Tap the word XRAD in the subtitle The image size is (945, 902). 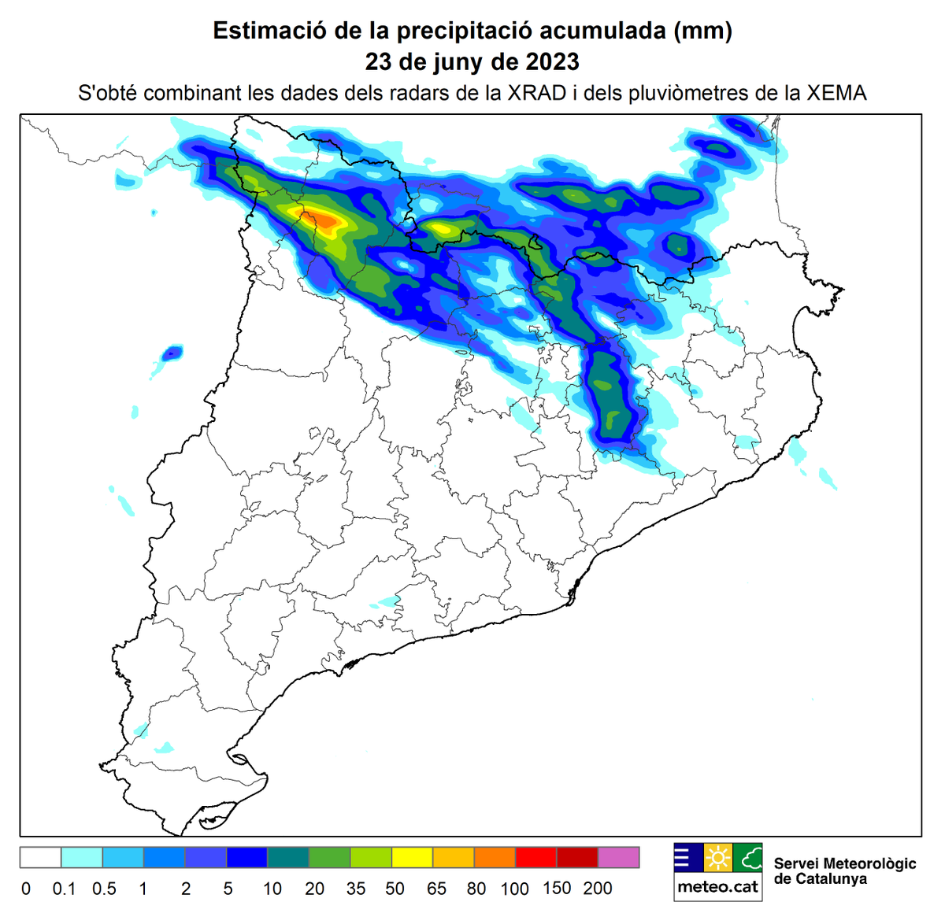537,93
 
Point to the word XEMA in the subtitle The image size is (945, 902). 836,93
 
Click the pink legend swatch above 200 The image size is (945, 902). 618,857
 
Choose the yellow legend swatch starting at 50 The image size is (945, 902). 411,857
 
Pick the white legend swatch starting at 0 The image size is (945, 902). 40,857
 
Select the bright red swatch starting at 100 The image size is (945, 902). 535,857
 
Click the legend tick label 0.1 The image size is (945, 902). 64,889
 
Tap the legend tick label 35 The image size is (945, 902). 356,889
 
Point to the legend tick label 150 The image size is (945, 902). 557,888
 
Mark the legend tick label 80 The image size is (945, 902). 476,889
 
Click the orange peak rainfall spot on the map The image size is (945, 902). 324,219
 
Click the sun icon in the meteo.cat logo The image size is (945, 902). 717,857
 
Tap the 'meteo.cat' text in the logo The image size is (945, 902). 717,888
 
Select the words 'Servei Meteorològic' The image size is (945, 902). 845,863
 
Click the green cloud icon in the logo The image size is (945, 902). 747,857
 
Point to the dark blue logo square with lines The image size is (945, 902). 687,857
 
